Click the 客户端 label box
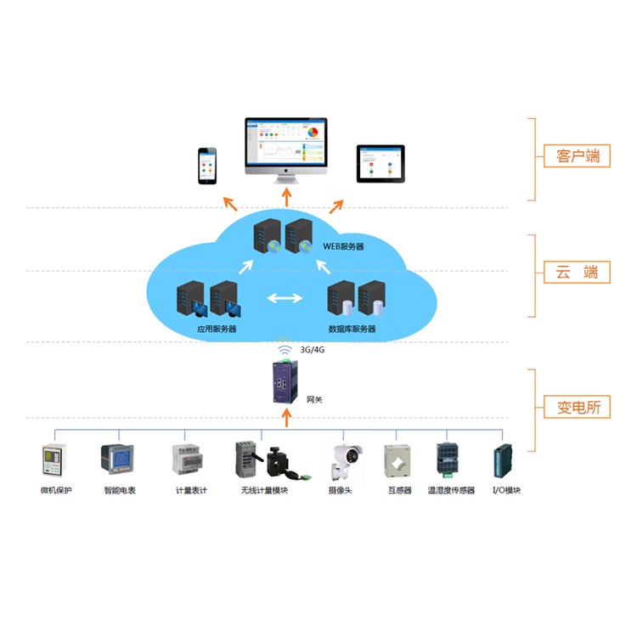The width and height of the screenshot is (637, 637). [x=578, y=155]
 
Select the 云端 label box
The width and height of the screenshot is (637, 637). [x=578, y=273]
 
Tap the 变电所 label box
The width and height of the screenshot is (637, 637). [x=578, y=407]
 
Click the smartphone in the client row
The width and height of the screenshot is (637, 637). [x=207, y=165]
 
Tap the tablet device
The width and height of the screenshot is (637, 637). [x=380, y=163]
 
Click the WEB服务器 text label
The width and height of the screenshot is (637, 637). [x=343, y=246]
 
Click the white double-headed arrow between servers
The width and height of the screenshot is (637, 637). [x=285, y=298]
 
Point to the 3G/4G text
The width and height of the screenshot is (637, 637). [x=313, y=350]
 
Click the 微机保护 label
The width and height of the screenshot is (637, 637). [x=56, y=491]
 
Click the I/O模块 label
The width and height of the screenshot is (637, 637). [x=506, y=491]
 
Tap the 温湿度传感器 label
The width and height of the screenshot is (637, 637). [x=451, y=491]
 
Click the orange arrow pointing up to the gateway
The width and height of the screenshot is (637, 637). [x=285, y=417]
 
